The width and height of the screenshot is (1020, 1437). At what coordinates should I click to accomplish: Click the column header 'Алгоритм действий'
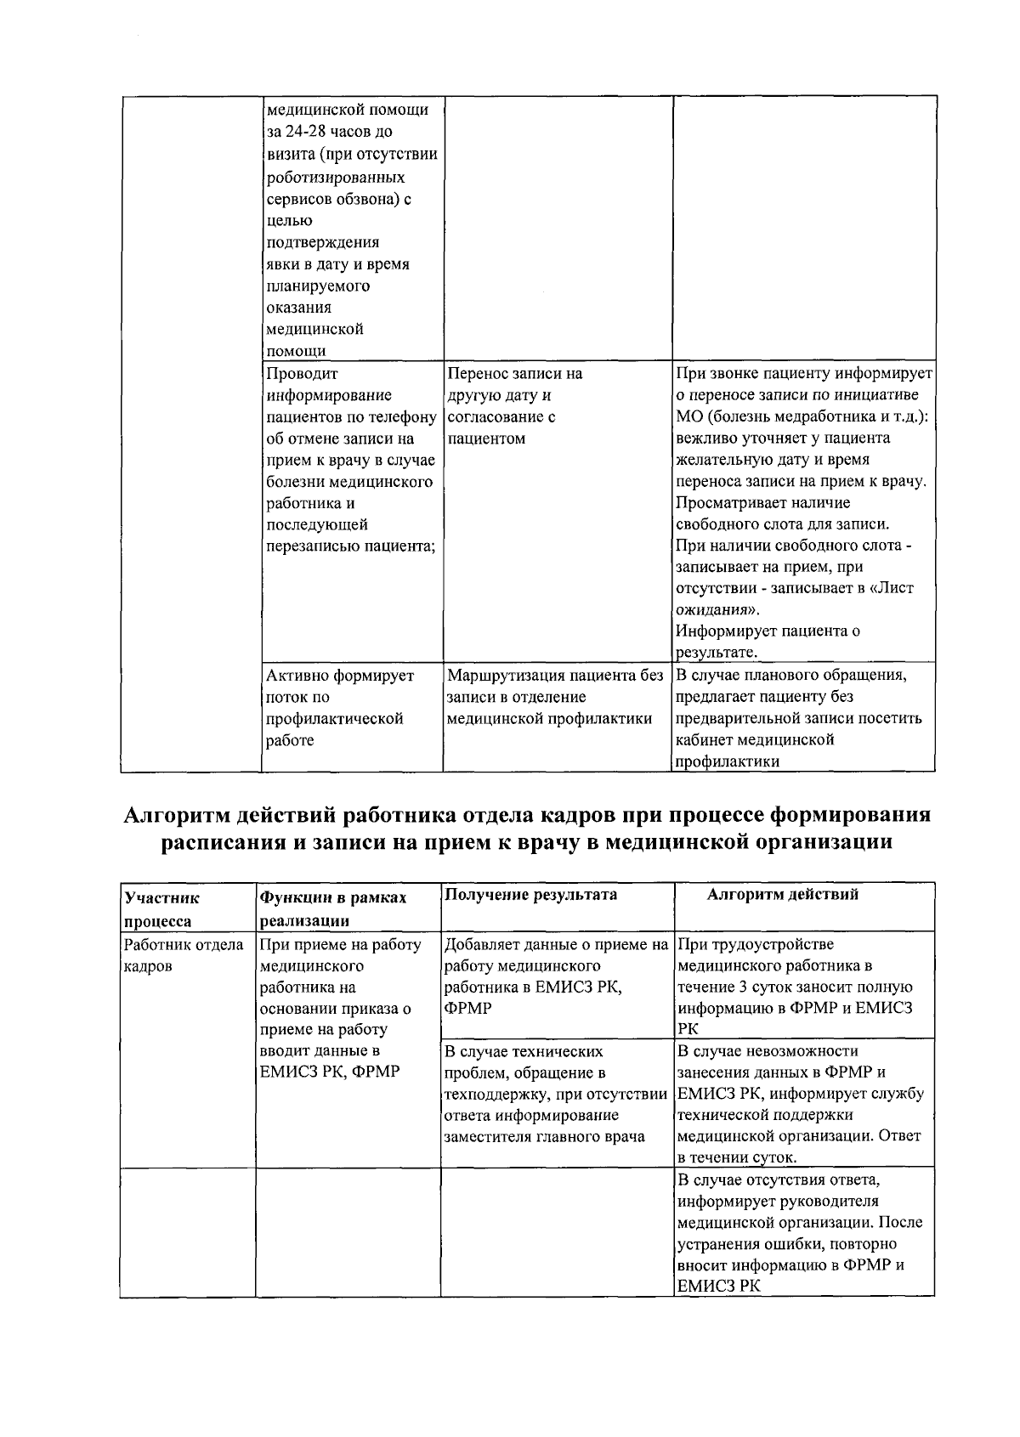pos(782,895)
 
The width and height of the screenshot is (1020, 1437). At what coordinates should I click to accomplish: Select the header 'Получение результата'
pos(531,895)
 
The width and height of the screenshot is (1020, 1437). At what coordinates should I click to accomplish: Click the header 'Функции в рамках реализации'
pos(333,908)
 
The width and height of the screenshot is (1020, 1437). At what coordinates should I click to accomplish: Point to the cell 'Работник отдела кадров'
pos(184,955)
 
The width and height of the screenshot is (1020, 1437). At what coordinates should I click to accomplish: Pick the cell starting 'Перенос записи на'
pos(514,406)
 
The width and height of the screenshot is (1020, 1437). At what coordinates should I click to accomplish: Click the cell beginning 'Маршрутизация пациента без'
pos(554,697)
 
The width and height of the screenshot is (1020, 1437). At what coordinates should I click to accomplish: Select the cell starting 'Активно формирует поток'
pos(340,708)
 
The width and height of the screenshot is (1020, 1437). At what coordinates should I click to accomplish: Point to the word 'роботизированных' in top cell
pos(335,178)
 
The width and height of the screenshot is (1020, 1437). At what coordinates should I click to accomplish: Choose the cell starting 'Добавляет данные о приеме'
pos(555,976)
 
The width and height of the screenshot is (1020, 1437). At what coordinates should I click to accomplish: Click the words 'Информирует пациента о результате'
pos(767,642)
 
